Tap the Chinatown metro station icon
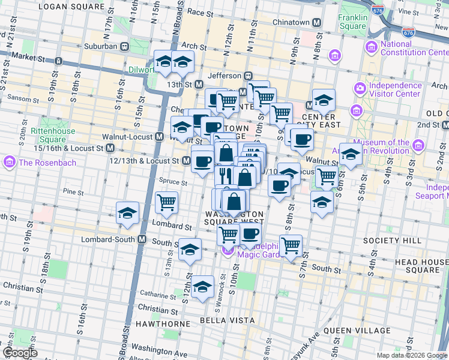coord(316,22)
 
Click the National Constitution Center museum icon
coord(370,47)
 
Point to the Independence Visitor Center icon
coord(360,88)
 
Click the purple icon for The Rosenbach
coord(10,162)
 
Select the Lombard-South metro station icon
coord(142,239)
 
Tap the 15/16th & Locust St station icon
coord(110,148)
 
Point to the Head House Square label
coord(421,266)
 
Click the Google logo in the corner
coord(19,353)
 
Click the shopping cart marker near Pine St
coord(166,202)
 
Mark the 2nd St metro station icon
coord(445,125)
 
